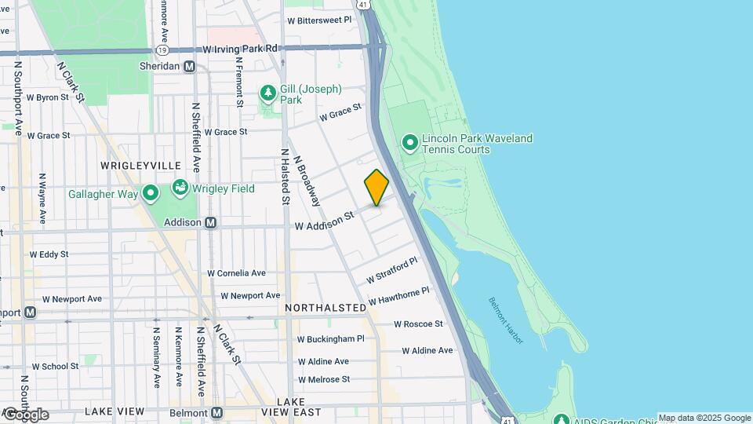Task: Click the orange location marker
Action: [376, 188]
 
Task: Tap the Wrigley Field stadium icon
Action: [180, 188]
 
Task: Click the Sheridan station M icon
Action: [189, 67]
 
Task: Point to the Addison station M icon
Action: [210, 222]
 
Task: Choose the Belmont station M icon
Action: [217, 412]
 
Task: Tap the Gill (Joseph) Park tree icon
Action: [268, 94]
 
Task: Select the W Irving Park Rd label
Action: [240, 49]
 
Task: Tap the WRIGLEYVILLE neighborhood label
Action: [140, 166]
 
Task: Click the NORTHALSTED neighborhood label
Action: [326, 307]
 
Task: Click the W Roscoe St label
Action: [418, 323]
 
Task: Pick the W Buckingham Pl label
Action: [330, 339]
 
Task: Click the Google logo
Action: [25, 414]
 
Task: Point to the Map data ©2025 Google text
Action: [704, 418]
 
